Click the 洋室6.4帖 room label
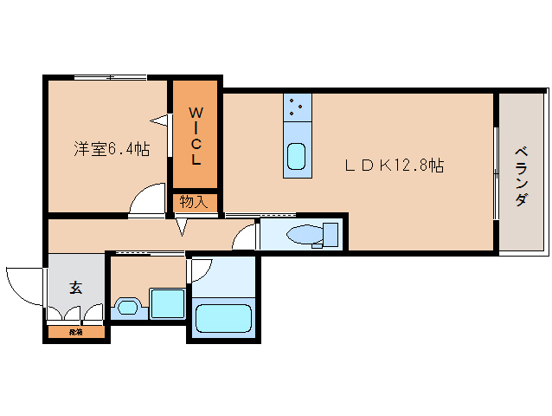coord(111,148)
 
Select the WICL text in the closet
coord(196,136)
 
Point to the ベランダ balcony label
coord(521,175)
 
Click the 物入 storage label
coord(193,202)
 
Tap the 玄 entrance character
coord(75,288)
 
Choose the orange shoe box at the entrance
coord(77,331)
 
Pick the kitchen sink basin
coord(296,157)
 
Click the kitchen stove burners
coord(298,107)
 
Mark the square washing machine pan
coord(167,304)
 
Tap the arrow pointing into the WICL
coord(158,119)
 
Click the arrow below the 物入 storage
coord(182,226)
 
